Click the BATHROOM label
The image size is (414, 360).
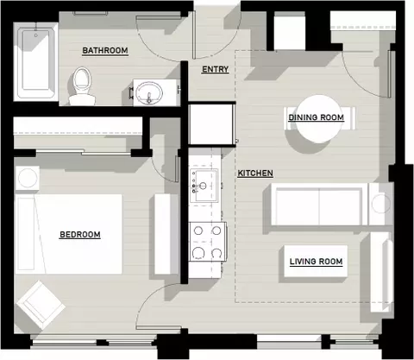pos(105,50)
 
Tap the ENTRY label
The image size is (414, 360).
pos(215,69)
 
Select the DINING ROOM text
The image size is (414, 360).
pos(317,117)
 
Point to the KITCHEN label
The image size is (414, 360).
pos(255,173)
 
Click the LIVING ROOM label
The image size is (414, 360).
pos(316,262)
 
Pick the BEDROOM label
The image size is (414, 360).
pos(80,235)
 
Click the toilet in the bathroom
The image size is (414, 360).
pos(82,86)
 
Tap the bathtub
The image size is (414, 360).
pos(35,61)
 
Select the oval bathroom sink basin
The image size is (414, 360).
pos(149,92)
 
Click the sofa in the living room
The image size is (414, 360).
pos(319,204)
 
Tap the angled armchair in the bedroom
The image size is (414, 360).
pos(41,306)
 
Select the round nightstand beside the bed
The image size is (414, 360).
pos(28,178)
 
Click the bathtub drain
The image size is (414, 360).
pos(36,35)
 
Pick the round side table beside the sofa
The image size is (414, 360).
pos(381,204)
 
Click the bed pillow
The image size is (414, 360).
pos(27,234)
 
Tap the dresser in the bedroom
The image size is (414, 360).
pos(163,234)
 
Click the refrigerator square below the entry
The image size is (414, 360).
pos(211,124)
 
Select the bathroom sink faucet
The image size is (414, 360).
pos(149,98)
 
